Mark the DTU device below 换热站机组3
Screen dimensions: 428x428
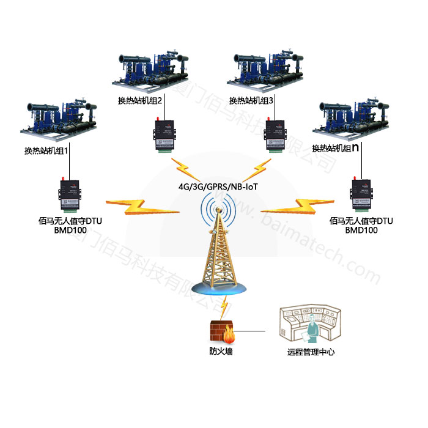[x=271, y=134]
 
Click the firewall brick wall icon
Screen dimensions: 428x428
[x=222, y=331]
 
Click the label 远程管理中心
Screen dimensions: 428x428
[x=311, y=352]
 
